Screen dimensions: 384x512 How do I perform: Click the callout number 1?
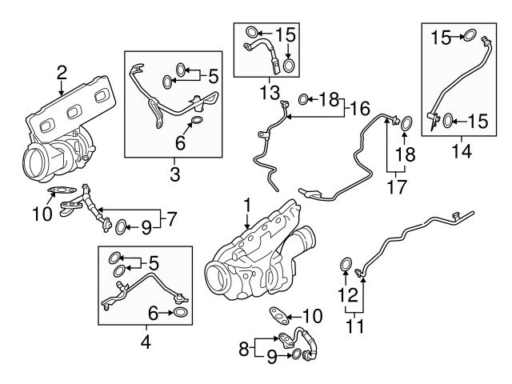(x=248, y=206)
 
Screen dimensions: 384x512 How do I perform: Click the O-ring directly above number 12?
(x=346, y=265)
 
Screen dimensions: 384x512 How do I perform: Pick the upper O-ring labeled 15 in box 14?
(x=470, y=37)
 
